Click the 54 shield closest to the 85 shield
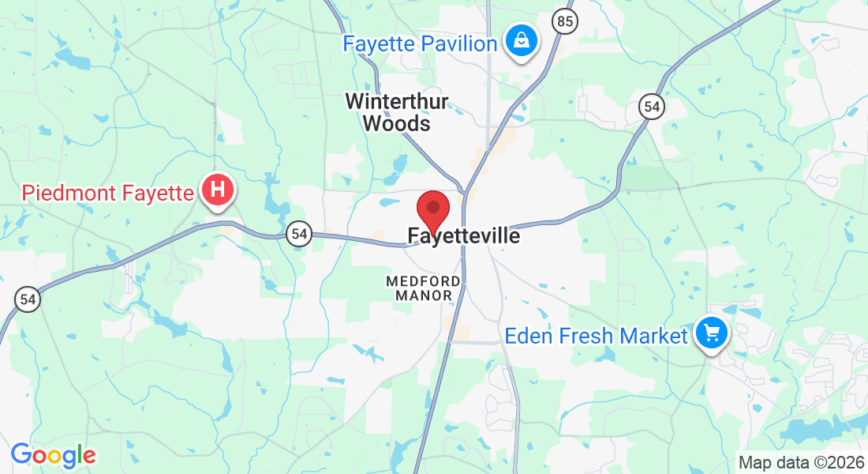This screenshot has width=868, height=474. [651, 107]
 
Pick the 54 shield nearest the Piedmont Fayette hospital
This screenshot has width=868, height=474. [298, 234]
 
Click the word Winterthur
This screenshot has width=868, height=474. [397, 102]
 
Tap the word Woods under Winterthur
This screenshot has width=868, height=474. [396, 123]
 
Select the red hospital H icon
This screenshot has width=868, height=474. [219, 190]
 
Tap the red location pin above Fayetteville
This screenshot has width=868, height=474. [432, 209]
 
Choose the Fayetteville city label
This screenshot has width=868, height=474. [464, 236]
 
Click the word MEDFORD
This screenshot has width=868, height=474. [423, 281]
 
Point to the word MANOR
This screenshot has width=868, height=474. [424, 295]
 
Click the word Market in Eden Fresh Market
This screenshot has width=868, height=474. [653, 337]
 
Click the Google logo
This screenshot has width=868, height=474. [53, 456]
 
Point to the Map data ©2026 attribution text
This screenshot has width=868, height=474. [800, 462]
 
